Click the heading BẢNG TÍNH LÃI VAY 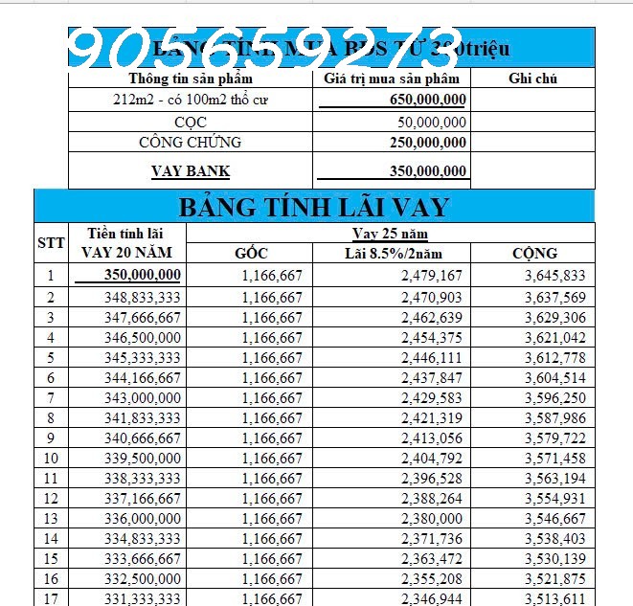coord(314,206)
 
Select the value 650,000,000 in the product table coord(428,100)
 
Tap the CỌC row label coord(192,122)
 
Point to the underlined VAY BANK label coord(191,172)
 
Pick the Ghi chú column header coord(533,79)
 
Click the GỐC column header coord(251,254)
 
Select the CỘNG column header coord(533,254)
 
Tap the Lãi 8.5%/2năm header coord(393,254)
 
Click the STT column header coord(51,243)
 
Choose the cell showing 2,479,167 coord(431,276)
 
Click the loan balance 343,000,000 coord(141,396)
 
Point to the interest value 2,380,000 coord(431,517)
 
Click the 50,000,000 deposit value coord(432,122)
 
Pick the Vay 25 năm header coord(390,234)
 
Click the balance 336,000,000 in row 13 coord(141,517)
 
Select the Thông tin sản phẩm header coord(191,79)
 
